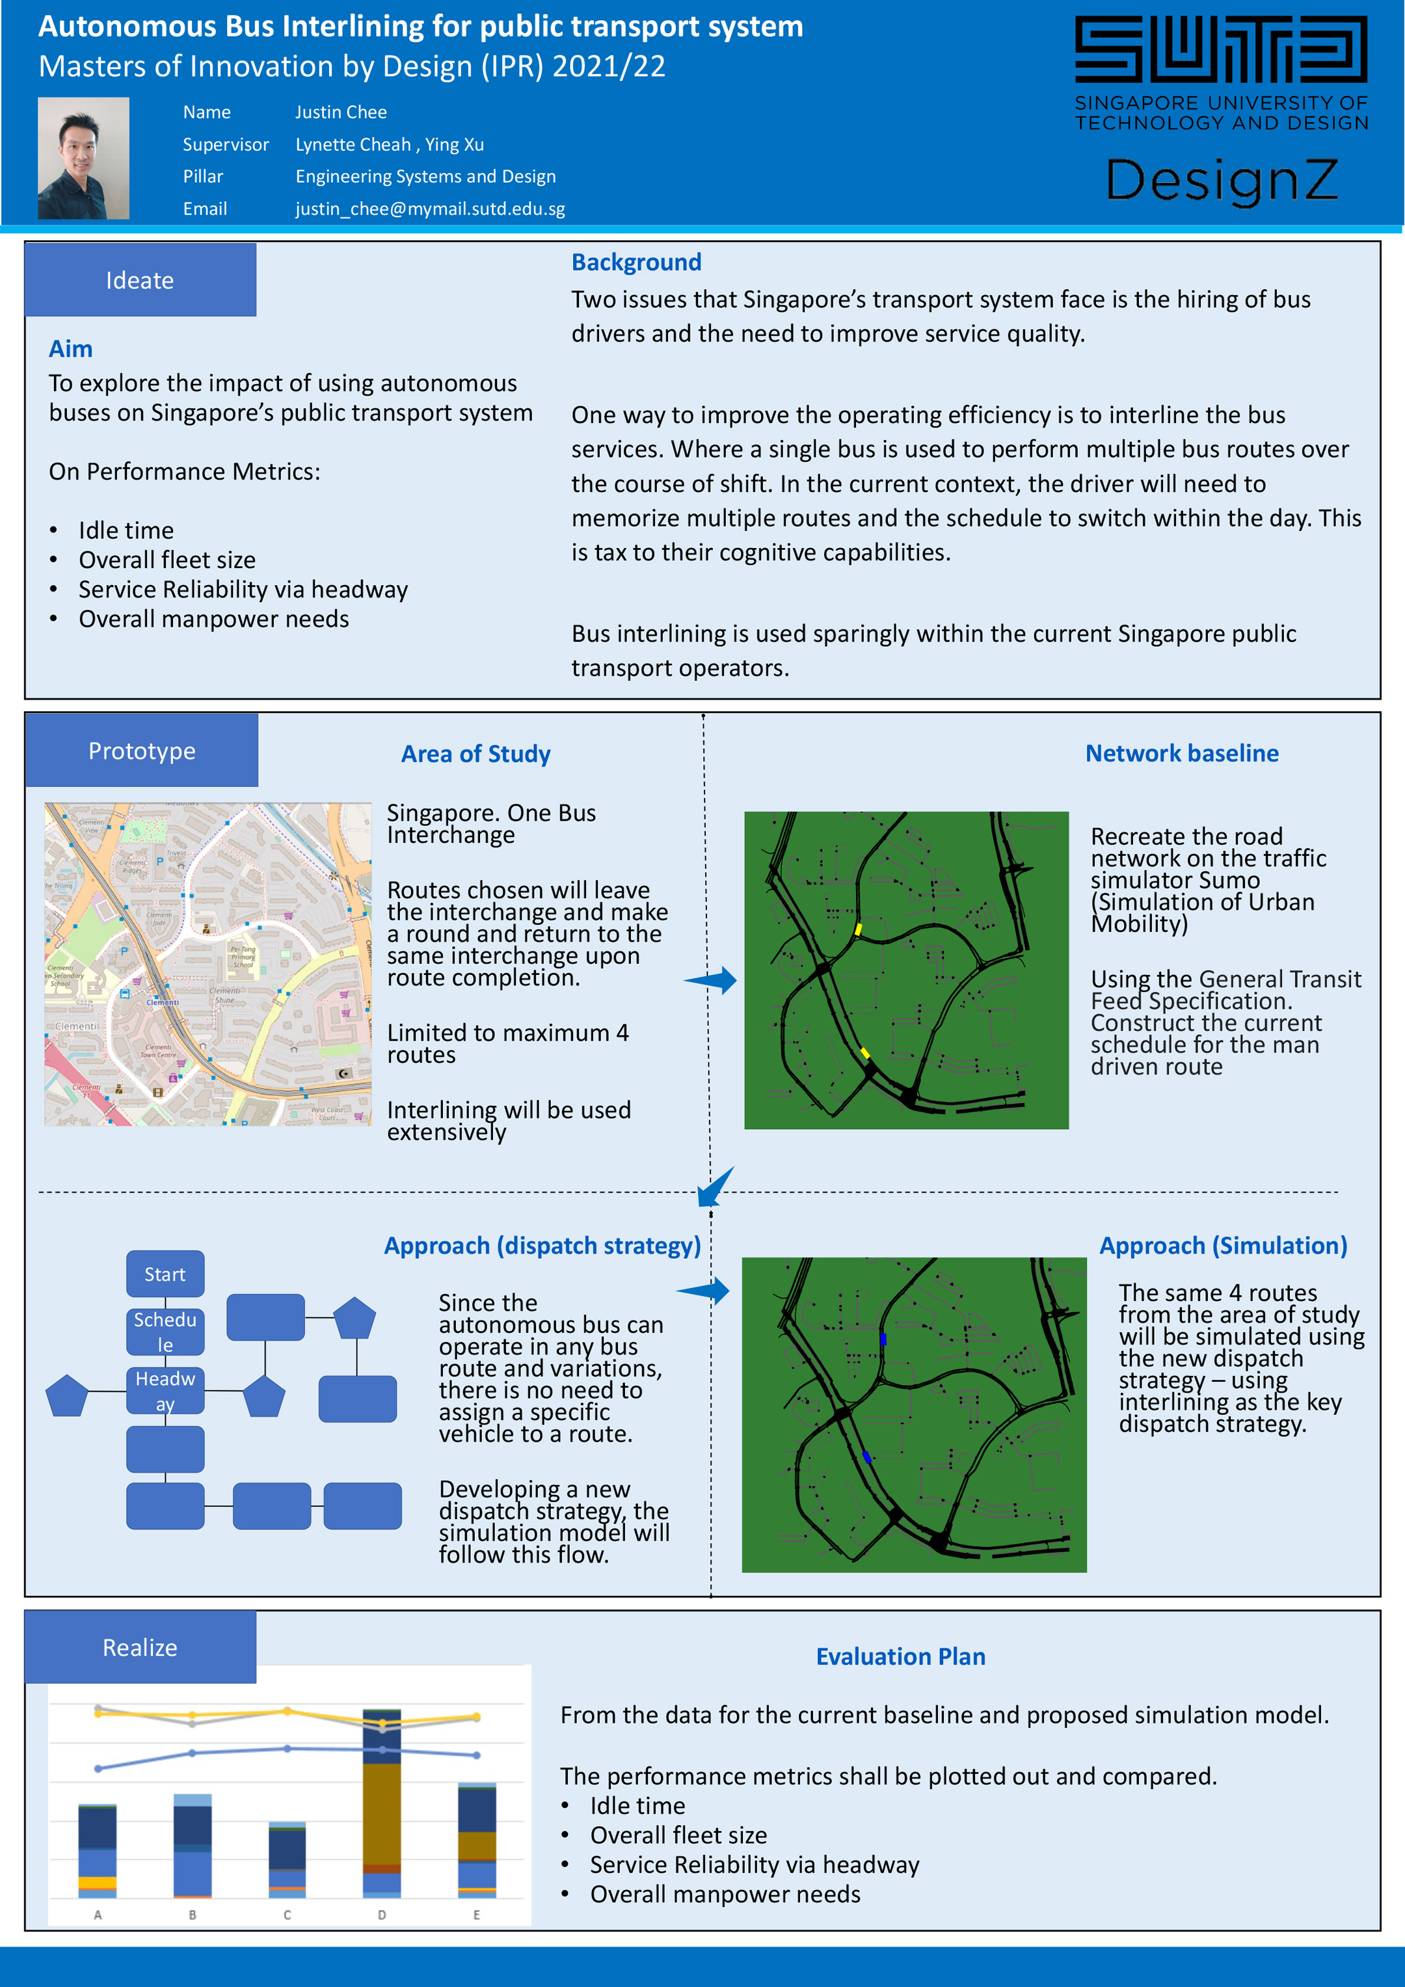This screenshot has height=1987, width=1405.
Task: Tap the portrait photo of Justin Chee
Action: pos(83,158)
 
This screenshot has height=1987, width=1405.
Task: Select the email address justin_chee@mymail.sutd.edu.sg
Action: pos(430,208)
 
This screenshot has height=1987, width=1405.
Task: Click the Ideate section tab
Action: pos(140,281)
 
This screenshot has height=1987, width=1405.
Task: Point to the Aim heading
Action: pos(70,349)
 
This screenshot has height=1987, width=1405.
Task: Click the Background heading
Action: pos(636,262)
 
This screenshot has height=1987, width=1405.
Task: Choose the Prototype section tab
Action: pos(142,750)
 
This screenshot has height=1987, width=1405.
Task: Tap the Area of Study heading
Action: pos(475,754)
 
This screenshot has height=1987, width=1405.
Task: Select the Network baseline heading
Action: pos(1181,753)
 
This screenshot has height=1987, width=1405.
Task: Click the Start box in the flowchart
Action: pos(165,1274)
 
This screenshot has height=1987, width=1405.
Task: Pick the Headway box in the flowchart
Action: pos(165,1390)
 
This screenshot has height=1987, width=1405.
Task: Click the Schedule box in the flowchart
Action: pos(165,1331)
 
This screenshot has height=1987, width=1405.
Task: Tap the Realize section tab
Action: pos(140,1647)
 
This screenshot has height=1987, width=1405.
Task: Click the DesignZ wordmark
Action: pos(1221,180)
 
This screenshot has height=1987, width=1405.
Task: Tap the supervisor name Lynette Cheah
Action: pos(353,144)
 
